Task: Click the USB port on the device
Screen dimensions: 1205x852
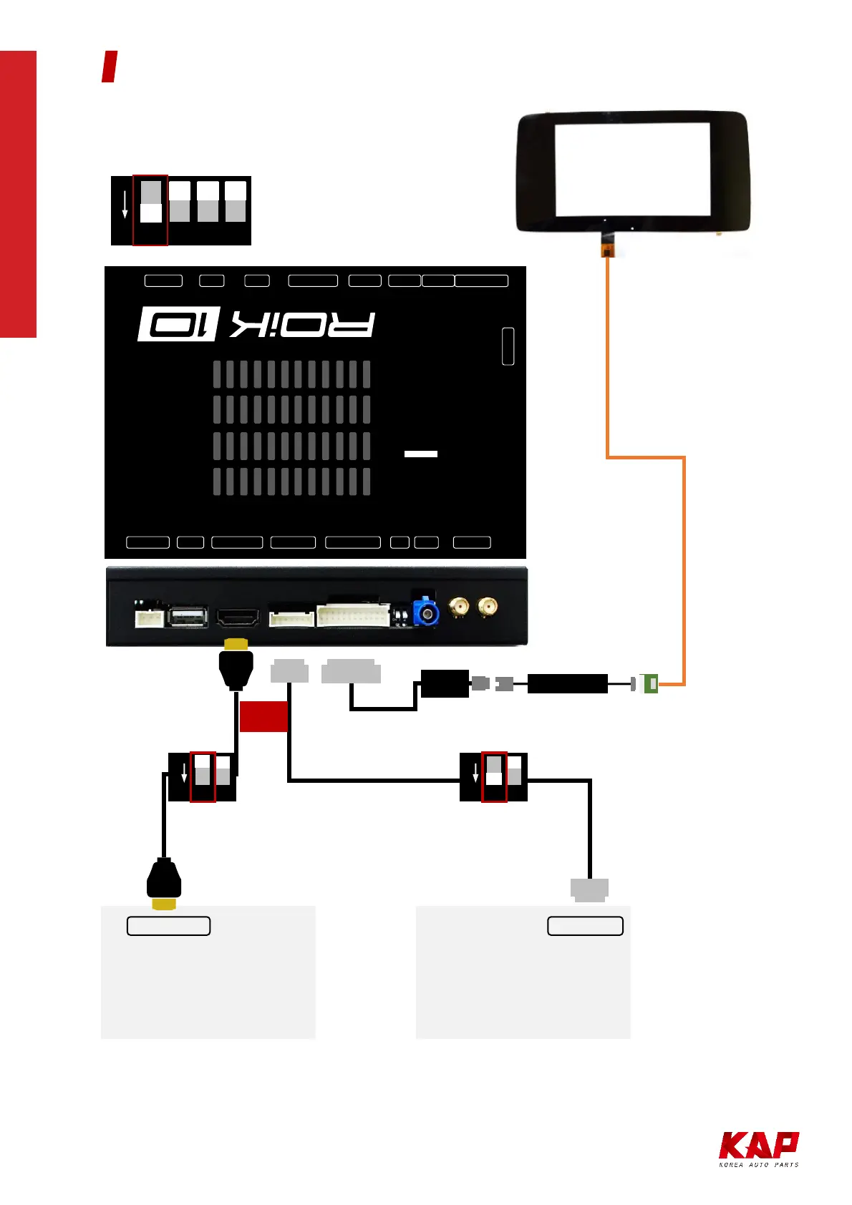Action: pyautogui.click(x=188, y=617)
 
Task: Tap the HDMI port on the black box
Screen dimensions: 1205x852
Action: pyautogui.click(x=238, y=618)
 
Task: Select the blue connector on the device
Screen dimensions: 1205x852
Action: pyautogui.click(x=425, y=613)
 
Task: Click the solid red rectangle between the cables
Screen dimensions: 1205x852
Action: pyautogui.click(x=263, y=716)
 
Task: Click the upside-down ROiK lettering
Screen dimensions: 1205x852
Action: pyautogui.click(x=302, y=325)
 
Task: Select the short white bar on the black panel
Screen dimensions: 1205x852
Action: pyautogui.click(x=421, y=454)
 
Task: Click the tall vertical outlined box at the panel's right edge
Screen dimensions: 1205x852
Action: pyautogui.click(x=508, y=346)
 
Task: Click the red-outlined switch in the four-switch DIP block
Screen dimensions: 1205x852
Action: pyautogui.click(x=150, y=210)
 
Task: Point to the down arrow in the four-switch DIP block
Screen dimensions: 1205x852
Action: pyautogui.click(x=125, y=205)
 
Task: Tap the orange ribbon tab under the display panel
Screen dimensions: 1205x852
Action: pyautogui.click(x=607, y=250)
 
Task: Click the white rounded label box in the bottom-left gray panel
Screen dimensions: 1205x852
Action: pyautogui.click(x=168, y=926)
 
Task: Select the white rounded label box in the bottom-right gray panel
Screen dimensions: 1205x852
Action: pyautogui.click(x=585, y=926)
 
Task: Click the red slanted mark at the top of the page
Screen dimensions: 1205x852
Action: pyautogui.click(x=110, y=67)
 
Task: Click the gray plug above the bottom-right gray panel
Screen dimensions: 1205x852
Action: pyautogui.click(x=589, y=889)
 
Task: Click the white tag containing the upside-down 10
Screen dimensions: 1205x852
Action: pyautogui.click(x=178, y=324)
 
